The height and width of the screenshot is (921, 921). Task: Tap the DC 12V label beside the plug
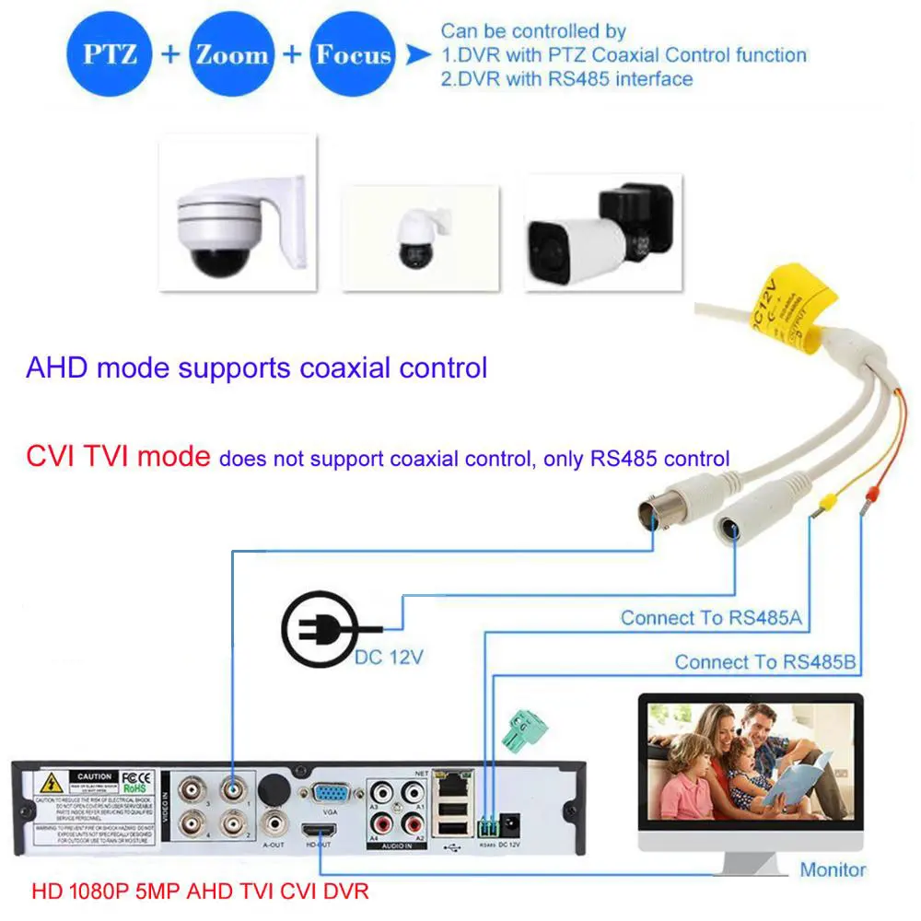391,659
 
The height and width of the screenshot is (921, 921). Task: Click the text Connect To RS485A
710,618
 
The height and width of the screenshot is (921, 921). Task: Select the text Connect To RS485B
764,661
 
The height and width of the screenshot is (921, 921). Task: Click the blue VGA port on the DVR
329,794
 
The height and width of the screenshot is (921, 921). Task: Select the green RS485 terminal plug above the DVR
522,730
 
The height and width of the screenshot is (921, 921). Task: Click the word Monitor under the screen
833,869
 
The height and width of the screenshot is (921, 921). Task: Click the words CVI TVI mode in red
117,456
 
